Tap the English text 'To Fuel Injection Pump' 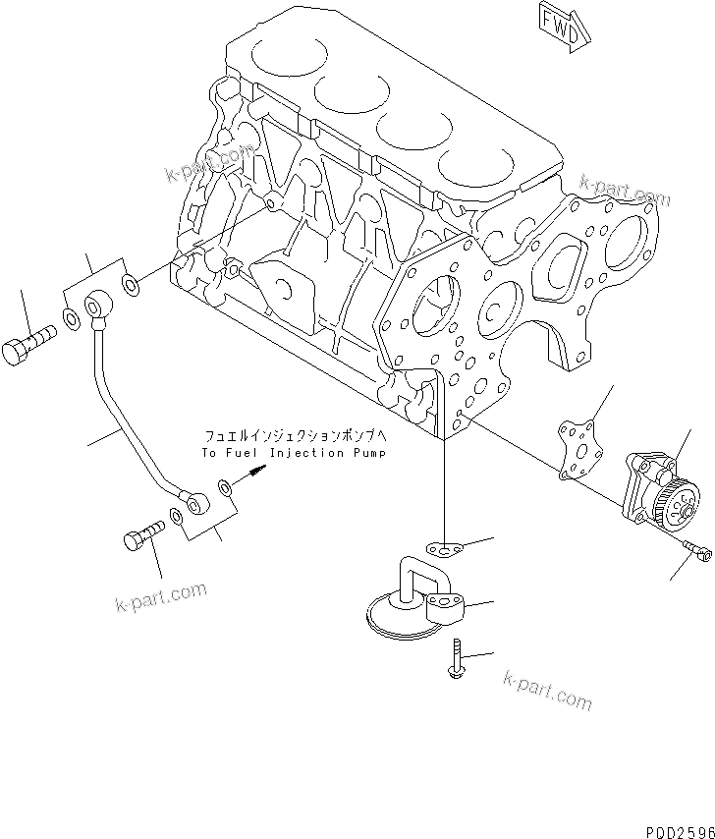click(x=294, y=453)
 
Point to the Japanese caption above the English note click(x=295, y=435)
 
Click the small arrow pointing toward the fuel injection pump click(x=252, y=473)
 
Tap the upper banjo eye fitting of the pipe click(x=99, y=307)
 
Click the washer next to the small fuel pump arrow click(x=226, y=486)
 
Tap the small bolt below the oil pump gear click(x=692, y=549)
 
